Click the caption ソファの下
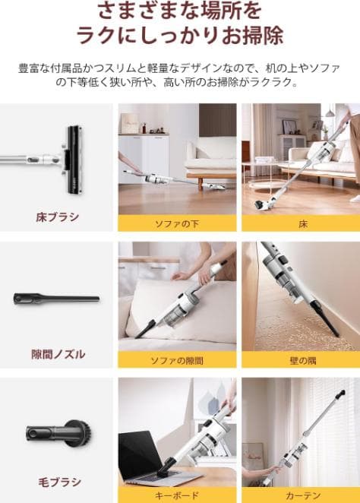tap(177, 223)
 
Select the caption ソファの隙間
tap(177, 360)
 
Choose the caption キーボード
tap(177, 495)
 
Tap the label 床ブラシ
tap(58, 217)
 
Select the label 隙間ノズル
tap(58, 354)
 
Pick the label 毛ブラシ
tap(58, 482)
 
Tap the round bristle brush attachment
tap(65, 434)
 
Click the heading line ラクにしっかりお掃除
tap(179, 36)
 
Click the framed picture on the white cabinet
tap(130, 123)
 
